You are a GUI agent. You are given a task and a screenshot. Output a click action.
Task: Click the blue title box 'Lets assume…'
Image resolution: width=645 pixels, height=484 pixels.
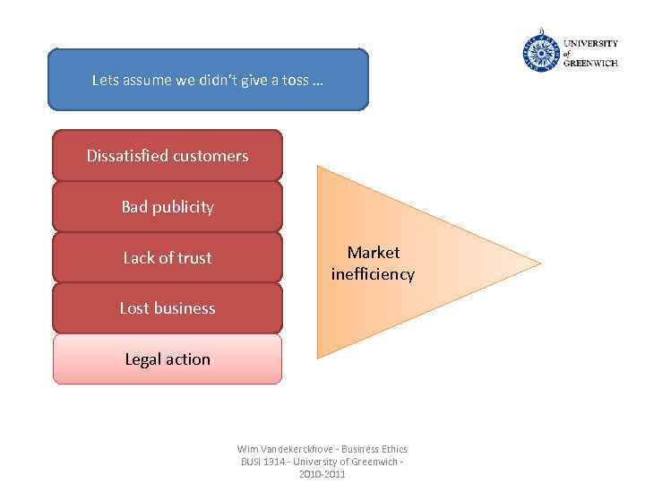pyautogui.click(x=208, y=80)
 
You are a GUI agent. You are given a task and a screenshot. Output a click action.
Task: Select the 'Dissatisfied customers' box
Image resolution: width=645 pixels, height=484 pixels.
pyautogui.click(x=168, y=156)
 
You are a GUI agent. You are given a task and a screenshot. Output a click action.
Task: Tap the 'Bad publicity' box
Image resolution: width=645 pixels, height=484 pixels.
pyautogui.click(x=168, y=207)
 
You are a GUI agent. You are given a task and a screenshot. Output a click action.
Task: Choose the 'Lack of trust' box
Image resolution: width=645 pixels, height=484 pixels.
pyautogui.click(x=168, y=258)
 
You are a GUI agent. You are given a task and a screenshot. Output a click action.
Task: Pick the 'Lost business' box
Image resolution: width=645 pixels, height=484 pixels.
pyautogui.click(x=168, y=308)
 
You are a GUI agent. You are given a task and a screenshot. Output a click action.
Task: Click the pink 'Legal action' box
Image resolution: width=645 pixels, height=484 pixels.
pyautogui.click(x=168, y=359)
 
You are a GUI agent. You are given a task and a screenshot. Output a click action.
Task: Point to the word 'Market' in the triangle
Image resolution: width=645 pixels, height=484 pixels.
pyautogui.click(x=374, y=253)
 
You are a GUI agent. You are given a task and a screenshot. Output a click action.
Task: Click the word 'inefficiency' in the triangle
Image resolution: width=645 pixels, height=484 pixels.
pyautogui.click(x=373, y=274)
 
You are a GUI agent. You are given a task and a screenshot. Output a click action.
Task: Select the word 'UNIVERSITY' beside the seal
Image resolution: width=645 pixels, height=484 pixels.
pyautogui.click(x=590, y=43)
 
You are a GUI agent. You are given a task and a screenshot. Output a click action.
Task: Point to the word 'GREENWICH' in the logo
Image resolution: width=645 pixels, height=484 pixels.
pyautogui.click(x=590, y=64)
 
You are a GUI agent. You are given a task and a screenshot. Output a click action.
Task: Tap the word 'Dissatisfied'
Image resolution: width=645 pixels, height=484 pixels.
pyautogui.click(x=126, y=156)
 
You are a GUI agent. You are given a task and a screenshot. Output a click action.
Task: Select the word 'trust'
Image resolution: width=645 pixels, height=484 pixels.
pyautogui.click(x=194, y=258)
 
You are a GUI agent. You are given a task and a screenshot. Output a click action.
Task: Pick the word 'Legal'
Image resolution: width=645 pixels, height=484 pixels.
pyautogui.click(x=142, y=359)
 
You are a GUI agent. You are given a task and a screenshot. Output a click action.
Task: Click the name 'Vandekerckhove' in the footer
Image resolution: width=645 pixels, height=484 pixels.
pyautogui.click(x=301, y=449)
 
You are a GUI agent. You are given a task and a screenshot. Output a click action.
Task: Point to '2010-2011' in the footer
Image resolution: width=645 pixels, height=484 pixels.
pyautogui.click(x=322, y=474)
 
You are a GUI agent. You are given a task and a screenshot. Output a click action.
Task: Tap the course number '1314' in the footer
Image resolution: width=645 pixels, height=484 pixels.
pyautogui.click(x=275, y=462)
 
